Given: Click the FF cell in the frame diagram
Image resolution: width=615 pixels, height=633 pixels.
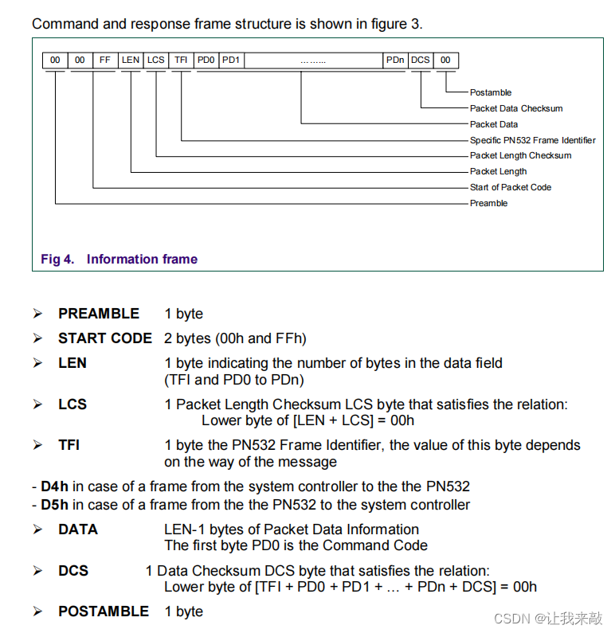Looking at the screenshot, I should (x=104, y=61).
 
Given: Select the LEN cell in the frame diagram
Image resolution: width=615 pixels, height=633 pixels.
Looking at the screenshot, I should (x=131, y=61).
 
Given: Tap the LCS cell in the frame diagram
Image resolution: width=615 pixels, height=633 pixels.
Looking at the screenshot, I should (x=156, y=61).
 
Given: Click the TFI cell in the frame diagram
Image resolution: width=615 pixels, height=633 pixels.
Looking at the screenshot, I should (x=182, y=61).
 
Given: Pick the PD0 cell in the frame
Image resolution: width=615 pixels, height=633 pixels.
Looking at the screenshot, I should (x=206, y=61).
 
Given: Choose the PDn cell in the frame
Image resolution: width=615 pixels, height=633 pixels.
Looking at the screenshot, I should (x=395, y=61).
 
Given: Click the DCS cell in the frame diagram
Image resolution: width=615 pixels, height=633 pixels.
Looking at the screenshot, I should (x=420, y=61).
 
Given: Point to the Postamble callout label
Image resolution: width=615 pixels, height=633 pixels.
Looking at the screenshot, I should (x=491, y=92).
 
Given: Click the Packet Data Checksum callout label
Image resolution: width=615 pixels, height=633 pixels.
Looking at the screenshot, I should (x=516, y=108).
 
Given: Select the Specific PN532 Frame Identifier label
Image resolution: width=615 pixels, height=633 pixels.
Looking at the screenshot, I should (x=532, y=140).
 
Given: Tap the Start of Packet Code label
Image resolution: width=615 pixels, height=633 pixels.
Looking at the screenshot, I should (x=511, y=187).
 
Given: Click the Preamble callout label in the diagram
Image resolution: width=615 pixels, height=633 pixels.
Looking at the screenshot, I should (x=488, y=203).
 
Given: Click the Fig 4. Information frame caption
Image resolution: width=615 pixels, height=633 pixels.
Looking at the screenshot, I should (x=119, y=259).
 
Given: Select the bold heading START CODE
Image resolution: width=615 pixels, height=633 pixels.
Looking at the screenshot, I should (x=104, y=338).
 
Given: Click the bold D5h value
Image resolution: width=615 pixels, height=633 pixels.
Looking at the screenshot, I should (x=55, y=505).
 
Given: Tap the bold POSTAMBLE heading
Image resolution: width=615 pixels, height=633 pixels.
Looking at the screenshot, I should (x=104, y=612).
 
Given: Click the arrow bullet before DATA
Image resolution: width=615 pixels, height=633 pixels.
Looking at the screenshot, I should (x=37, y=530).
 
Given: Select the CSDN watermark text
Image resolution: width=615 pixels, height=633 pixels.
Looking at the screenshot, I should (x=548, y=619).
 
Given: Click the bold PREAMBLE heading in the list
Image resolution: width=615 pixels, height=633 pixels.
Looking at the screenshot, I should (x=99, y=314).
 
